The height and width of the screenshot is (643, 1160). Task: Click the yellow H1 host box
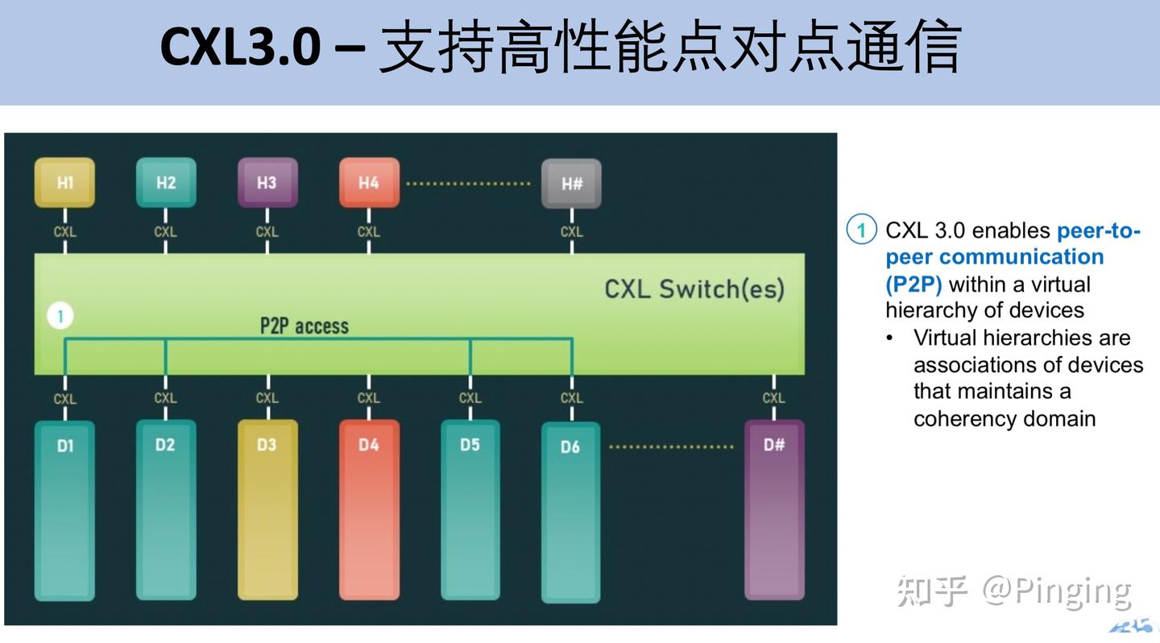[64, 182]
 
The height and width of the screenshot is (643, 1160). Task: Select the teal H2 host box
[166, 182]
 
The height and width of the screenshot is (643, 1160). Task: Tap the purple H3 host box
[267, 182]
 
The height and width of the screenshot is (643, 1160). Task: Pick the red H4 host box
[369, 182]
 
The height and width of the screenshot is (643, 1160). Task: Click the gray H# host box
[571, 184]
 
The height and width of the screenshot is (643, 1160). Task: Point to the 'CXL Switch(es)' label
[694, 288]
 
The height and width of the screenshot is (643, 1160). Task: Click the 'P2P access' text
[304, 326]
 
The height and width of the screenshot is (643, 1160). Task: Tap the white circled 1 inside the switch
[60, 316]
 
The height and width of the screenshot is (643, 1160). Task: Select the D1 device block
[64, 509]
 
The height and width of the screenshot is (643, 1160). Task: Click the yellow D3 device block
[267, 509]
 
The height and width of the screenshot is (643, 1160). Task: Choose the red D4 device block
[369, 509]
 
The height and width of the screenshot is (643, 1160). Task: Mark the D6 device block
[570, 512]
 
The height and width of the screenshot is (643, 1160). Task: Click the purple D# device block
[773, 509]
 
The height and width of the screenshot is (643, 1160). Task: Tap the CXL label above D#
[773, 398]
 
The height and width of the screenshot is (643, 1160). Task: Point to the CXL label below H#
[571, 232]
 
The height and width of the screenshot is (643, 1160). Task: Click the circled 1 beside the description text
[860, 230]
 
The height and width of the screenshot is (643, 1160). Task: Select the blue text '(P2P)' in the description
[913, 284]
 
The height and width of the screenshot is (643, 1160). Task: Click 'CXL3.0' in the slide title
[240, 47]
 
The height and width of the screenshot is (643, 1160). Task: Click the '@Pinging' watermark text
[1056, 591]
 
